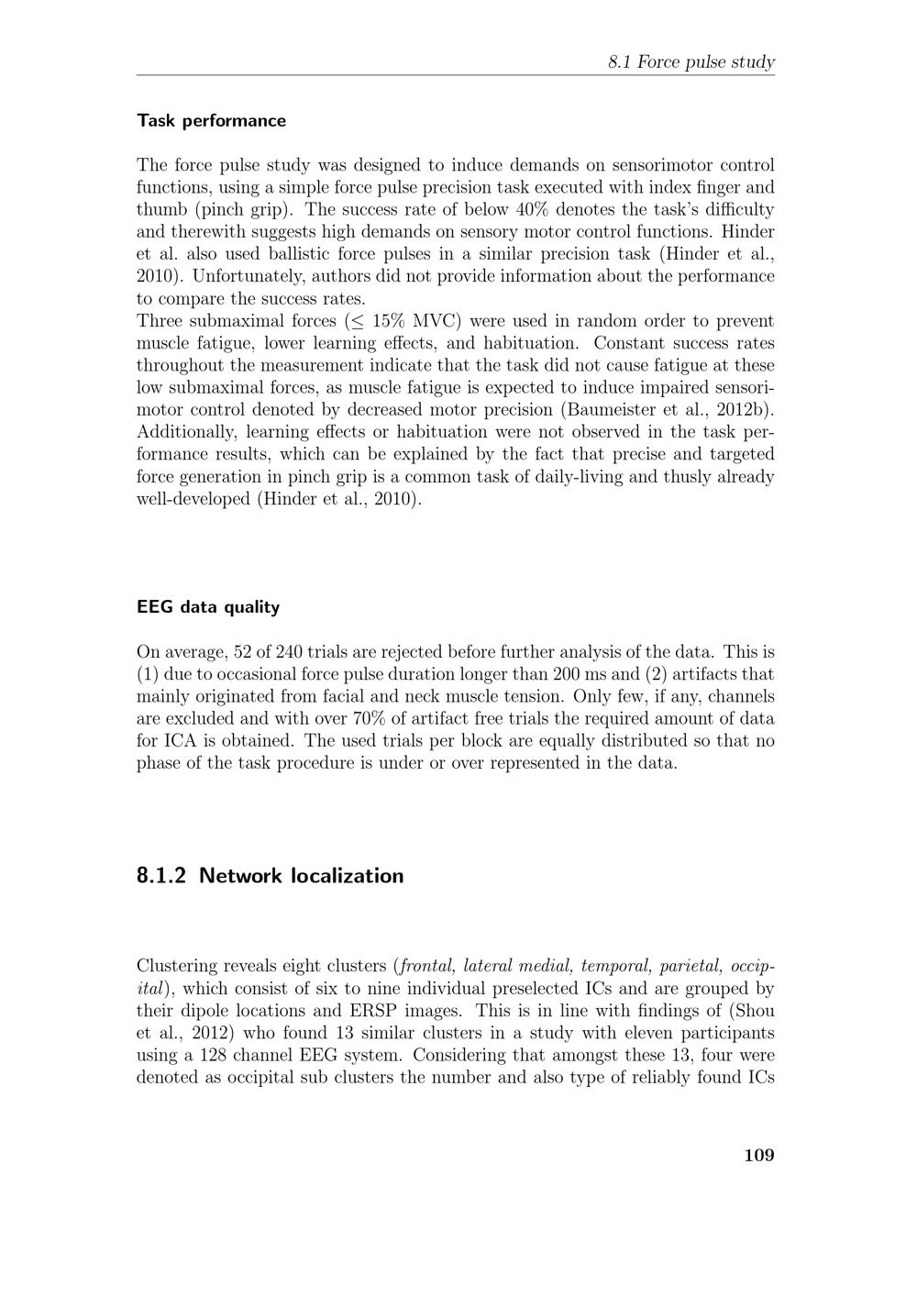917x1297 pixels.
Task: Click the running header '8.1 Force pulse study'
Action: click(691, 62)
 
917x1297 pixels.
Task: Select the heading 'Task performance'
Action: click(211, 120)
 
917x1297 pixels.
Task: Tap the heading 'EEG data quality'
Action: click(207, 606)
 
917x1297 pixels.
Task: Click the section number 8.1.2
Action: click(161, 875)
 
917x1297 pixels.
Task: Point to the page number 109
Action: click(758, 1154)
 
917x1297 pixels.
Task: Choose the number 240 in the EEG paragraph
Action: click(287, 652)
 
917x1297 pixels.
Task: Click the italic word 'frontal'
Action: click(427, 966)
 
